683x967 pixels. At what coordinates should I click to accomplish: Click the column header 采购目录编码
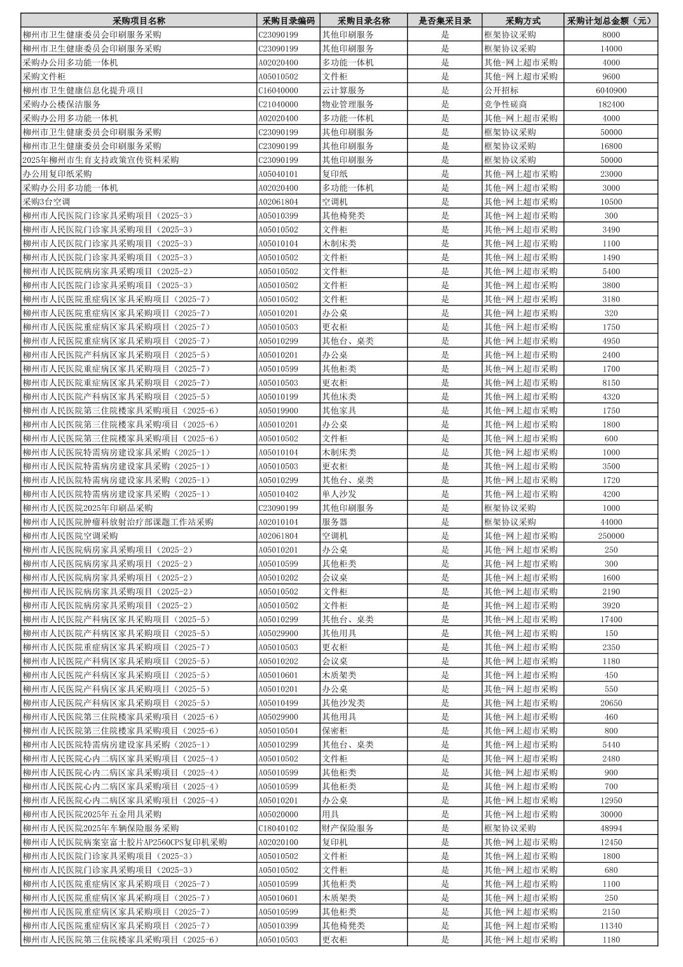point(288,20)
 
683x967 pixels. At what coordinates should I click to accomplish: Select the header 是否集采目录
point(445,20)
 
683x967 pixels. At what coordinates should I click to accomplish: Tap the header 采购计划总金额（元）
point(611,20)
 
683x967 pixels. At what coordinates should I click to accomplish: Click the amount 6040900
point(611,90)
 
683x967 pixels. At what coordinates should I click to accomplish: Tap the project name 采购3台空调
point(46,202)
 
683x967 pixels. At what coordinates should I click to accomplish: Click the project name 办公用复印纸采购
point(57,174)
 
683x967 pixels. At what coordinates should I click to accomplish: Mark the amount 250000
point(611,536)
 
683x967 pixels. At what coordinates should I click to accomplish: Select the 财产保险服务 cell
point(348,828)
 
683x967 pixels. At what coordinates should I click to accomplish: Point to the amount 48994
point(611,828)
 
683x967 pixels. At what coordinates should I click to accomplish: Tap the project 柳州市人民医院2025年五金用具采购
point(92,814)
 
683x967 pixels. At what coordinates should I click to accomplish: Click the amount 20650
point(611,703)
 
